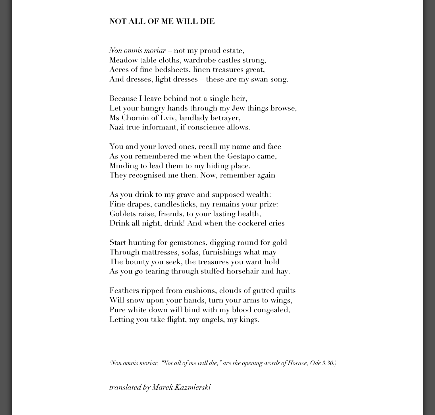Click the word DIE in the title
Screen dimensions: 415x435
207,22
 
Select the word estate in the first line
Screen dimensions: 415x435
233,51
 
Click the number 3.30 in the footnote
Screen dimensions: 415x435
329,363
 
